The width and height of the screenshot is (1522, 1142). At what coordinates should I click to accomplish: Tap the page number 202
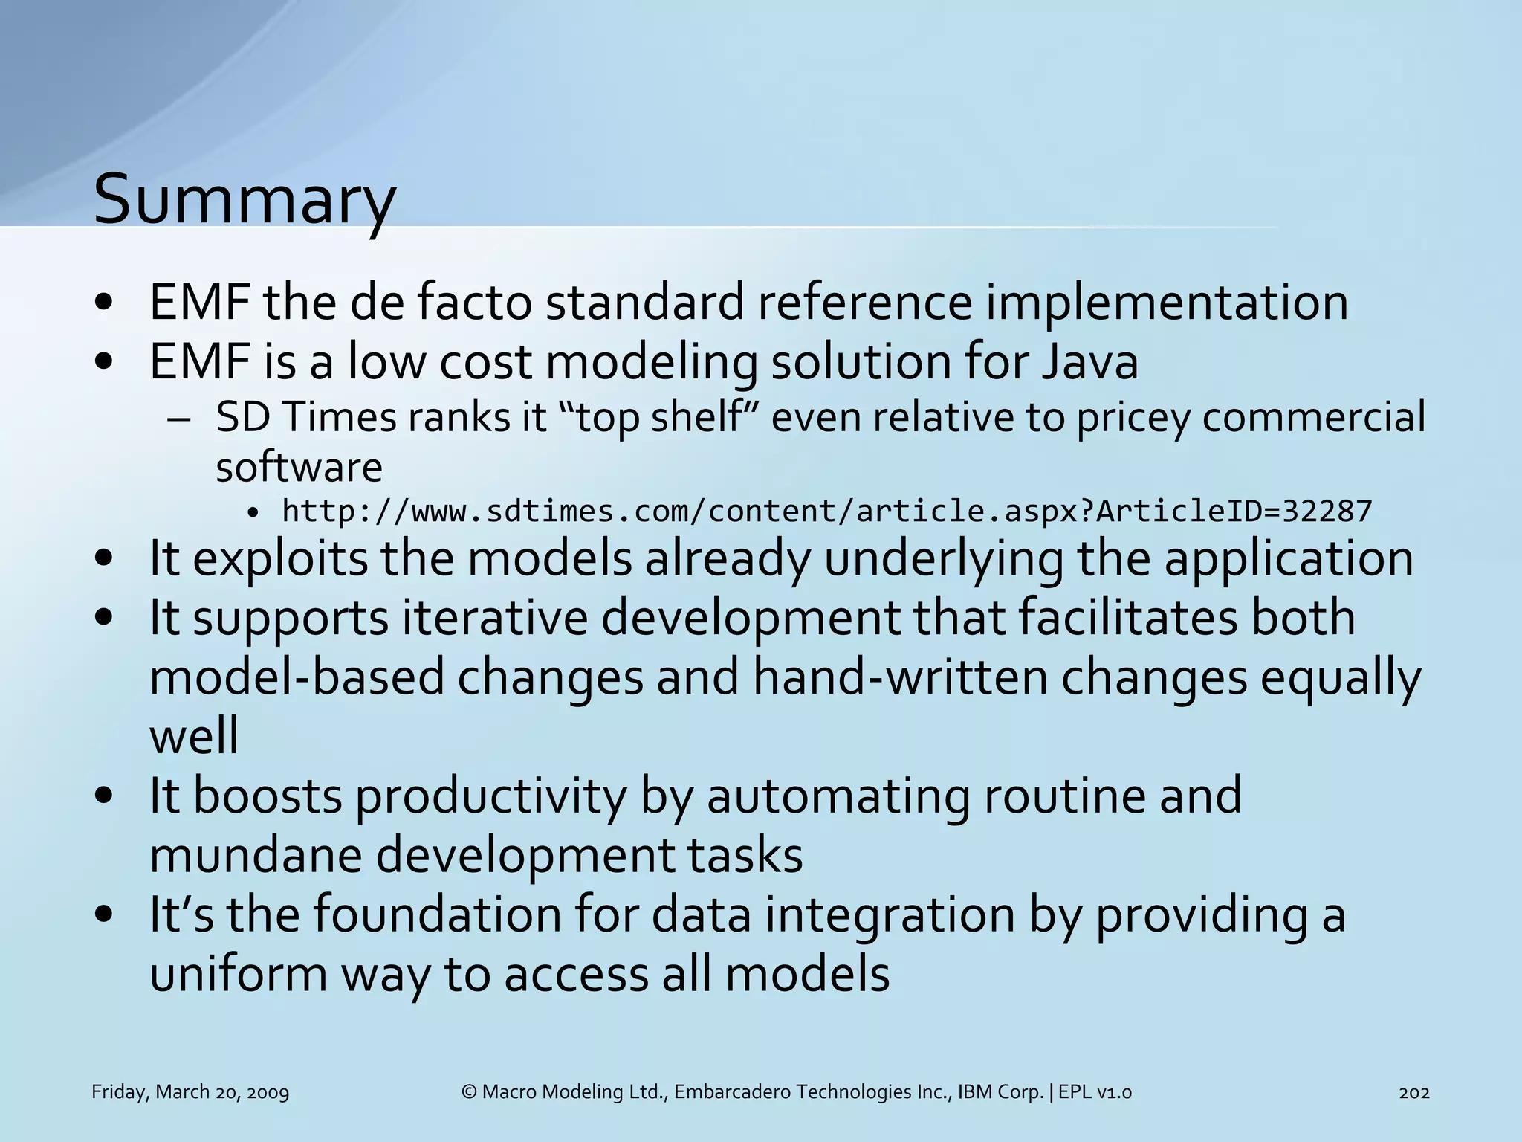point(1413,1092)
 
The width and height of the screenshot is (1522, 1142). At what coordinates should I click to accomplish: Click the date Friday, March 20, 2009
point(190,1092)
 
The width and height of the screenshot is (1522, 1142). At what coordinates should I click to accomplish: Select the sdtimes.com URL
point(826,512)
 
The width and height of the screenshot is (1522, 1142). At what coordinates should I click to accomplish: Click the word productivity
point(490,796)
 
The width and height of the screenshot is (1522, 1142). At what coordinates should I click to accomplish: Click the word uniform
point(238,974)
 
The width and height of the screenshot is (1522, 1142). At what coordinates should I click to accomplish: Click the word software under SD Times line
point(299,467)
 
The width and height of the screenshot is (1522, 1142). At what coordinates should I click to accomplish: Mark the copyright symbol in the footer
point(469,1092)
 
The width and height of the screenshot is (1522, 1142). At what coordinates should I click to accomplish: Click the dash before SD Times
point(179,419)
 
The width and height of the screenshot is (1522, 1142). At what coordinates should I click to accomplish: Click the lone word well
point(194,736)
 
